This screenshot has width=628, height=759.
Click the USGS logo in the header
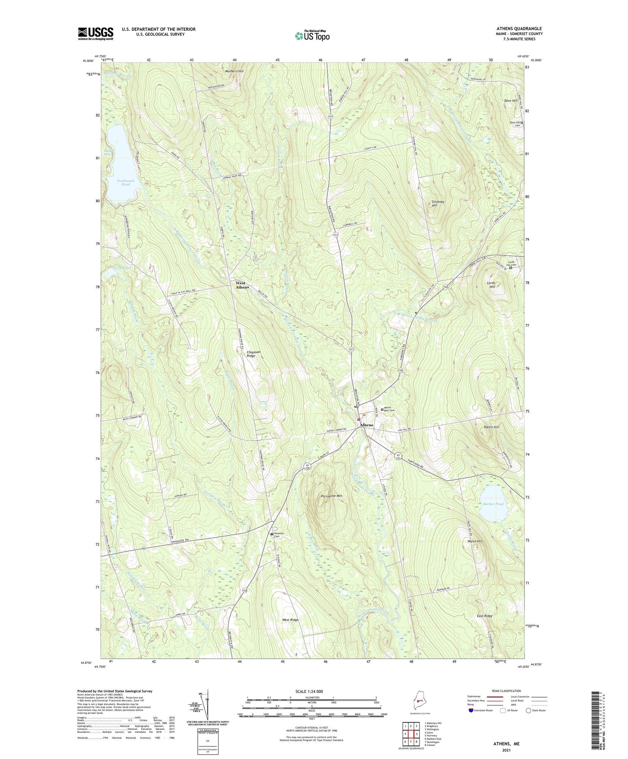tap(96, 33)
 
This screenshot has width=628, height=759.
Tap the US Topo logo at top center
tap(312, 36)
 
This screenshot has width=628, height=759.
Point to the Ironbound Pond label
tap(126, 182)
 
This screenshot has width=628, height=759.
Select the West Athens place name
tap(242, 285)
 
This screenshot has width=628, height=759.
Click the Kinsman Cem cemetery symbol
tap(272, 534)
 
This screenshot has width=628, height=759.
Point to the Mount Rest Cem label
tap(389, 410)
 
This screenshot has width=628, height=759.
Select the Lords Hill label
tap(492, 285)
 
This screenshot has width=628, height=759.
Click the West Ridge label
tap(290, 619)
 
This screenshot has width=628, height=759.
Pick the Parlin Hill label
tap(491, 427)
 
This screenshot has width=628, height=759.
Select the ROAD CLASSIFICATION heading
tap(506, 691)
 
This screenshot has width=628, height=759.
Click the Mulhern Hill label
tap(234, 71)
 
